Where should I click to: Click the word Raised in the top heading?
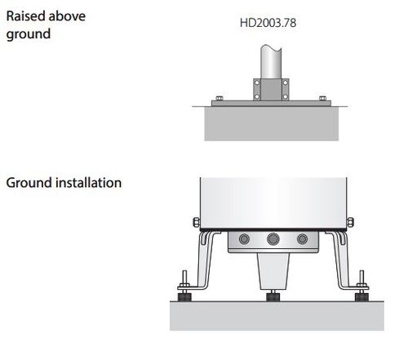tap(24, 16)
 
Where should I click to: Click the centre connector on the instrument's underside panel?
tap(273, 239)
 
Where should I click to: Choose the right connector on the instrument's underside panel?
tap(303, 239)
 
